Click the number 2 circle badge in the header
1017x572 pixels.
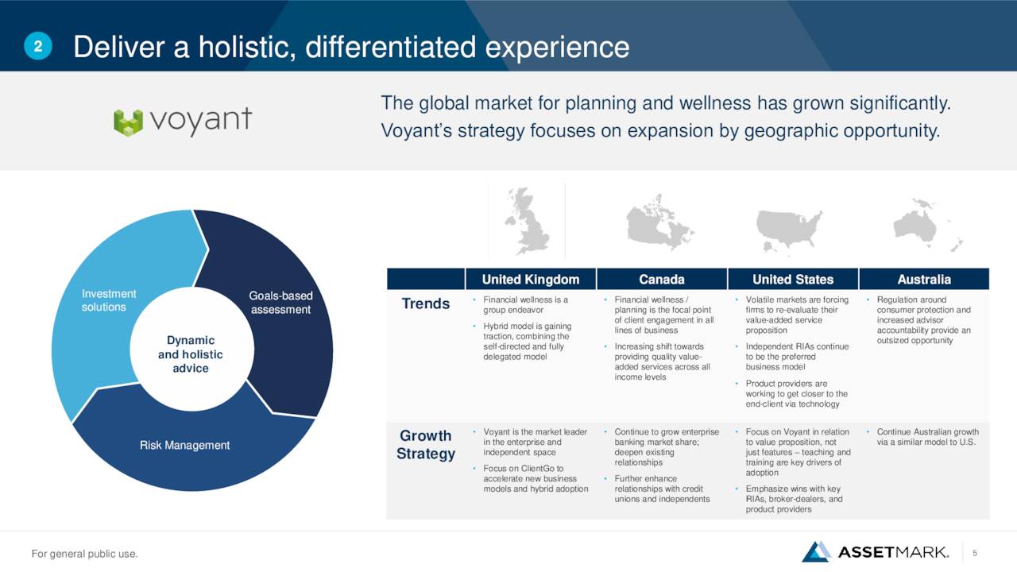click(x=38, y=46)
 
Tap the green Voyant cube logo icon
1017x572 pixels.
click(x=128, y=122)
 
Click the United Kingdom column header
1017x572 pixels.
click(x=531, y=279)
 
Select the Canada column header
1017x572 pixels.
click(x=662, y=279)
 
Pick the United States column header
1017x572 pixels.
click(x=793, y=279)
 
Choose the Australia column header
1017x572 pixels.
click(x=924, y=279)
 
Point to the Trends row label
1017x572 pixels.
click(x=425, y=303)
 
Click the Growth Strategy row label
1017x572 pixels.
click(x=425, y=444)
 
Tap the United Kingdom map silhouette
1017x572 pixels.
click(x=527, y=222)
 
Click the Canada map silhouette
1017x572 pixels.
click(x=659, y=222)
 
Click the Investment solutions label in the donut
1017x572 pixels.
click(x=109, y=300)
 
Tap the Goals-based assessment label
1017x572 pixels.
click(x=280, y=303)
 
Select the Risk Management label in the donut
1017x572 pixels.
click(x=184, y=445)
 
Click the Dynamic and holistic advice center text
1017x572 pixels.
click(x=190, y=354)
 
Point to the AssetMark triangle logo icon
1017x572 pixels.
click(x=816, y=551)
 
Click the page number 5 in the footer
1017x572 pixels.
click(x=975, y=553)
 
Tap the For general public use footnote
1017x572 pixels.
click(x=84, y=554)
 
